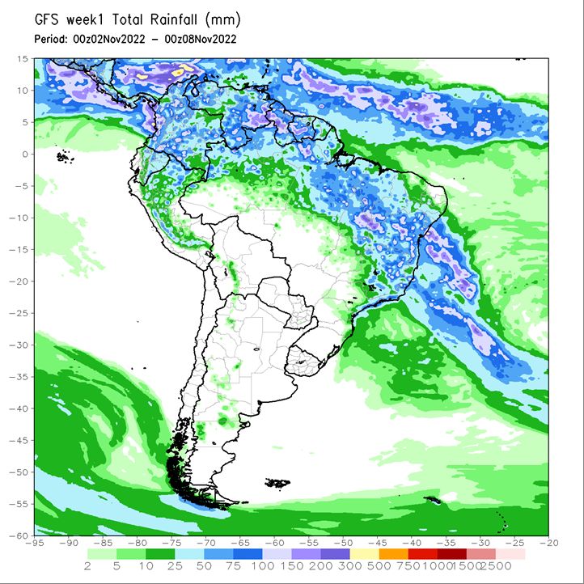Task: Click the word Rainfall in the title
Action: tap(173, 19)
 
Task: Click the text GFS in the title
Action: tap(47, 19)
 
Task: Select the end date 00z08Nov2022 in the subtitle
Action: tap(201, 39)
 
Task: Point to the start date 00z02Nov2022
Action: tap(109, 39)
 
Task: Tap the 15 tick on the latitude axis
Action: tap(23, 59)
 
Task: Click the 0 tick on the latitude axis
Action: tap(25, 154)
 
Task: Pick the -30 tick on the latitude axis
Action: tap(19, 345)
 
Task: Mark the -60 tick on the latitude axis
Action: tap(19, 535)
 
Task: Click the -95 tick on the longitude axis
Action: tap(35, 543)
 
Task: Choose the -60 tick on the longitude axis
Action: tap(274, 543)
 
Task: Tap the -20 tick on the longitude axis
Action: tap(548, 543)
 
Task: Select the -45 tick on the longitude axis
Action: tap(377, 543)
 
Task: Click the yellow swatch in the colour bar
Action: tap(365, 554)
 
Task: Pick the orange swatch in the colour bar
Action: tap(394, 554)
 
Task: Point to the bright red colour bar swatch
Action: tap(423, 554)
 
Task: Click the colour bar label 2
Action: tap(87, 566)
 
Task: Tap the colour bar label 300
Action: tap(350, 566)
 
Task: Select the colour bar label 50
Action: tap(204, 566)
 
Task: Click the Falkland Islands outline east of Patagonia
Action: tap(277, 483)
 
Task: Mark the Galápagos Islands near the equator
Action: tap(65, 157)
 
